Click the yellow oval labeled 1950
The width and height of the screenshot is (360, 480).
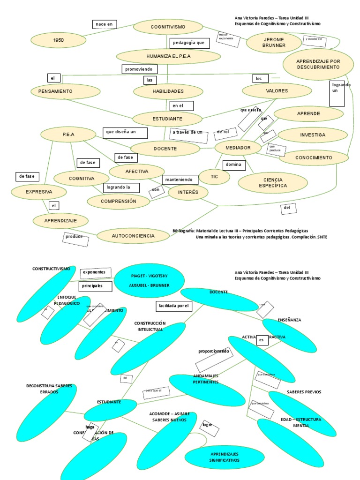(x=59, y=40)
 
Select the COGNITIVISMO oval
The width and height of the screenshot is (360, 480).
(x=168, y=27)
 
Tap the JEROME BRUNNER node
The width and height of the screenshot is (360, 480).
(x=274, y=43)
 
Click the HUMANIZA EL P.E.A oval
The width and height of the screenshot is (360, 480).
(x=168, y=56)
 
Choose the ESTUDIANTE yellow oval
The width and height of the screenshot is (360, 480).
(x=167, y=119)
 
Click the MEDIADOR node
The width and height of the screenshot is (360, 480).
(x=238, y=148)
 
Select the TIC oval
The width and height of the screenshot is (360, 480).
(x=215, y=176)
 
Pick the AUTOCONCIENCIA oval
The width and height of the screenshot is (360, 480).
(x=133, y=236)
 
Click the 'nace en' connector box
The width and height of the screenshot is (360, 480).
(x=104, y=24)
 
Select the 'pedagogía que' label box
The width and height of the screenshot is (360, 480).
(x=189, y=43)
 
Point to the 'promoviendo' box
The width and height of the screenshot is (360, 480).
(x=139, y=69)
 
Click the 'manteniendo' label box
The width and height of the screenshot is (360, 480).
(x=178, y=180)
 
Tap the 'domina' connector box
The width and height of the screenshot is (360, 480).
(x=233, y=165)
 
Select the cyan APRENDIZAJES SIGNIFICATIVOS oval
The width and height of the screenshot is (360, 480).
(x=225, y=457)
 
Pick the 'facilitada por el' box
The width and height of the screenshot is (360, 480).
(x=174, y=306)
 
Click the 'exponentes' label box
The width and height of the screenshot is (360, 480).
(x=96, y=272)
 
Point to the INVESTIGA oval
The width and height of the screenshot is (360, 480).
(x=312, y=135)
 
